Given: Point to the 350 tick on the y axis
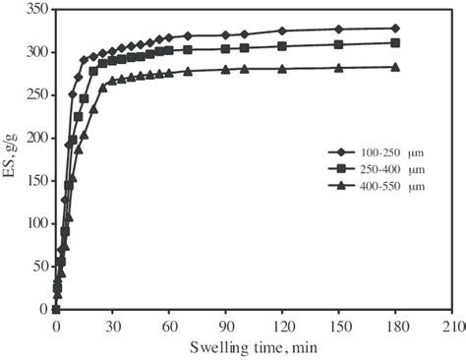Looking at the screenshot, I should [x=36, y=9].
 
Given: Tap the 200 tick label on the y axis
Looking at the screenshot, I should [x=36, y=138].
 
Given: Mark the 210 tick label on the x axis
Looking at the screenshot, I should [x=452, y=327].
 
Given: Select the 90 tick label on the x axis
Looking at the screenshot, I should [x=226, y=327].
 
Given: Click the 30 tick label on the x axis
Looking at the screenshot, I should [x=113, y=327].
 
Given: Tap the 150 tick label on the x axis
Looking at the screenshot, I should [x=339, y=327].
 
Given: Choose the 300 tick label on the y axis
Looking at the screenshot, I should [x=36, y=52].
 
